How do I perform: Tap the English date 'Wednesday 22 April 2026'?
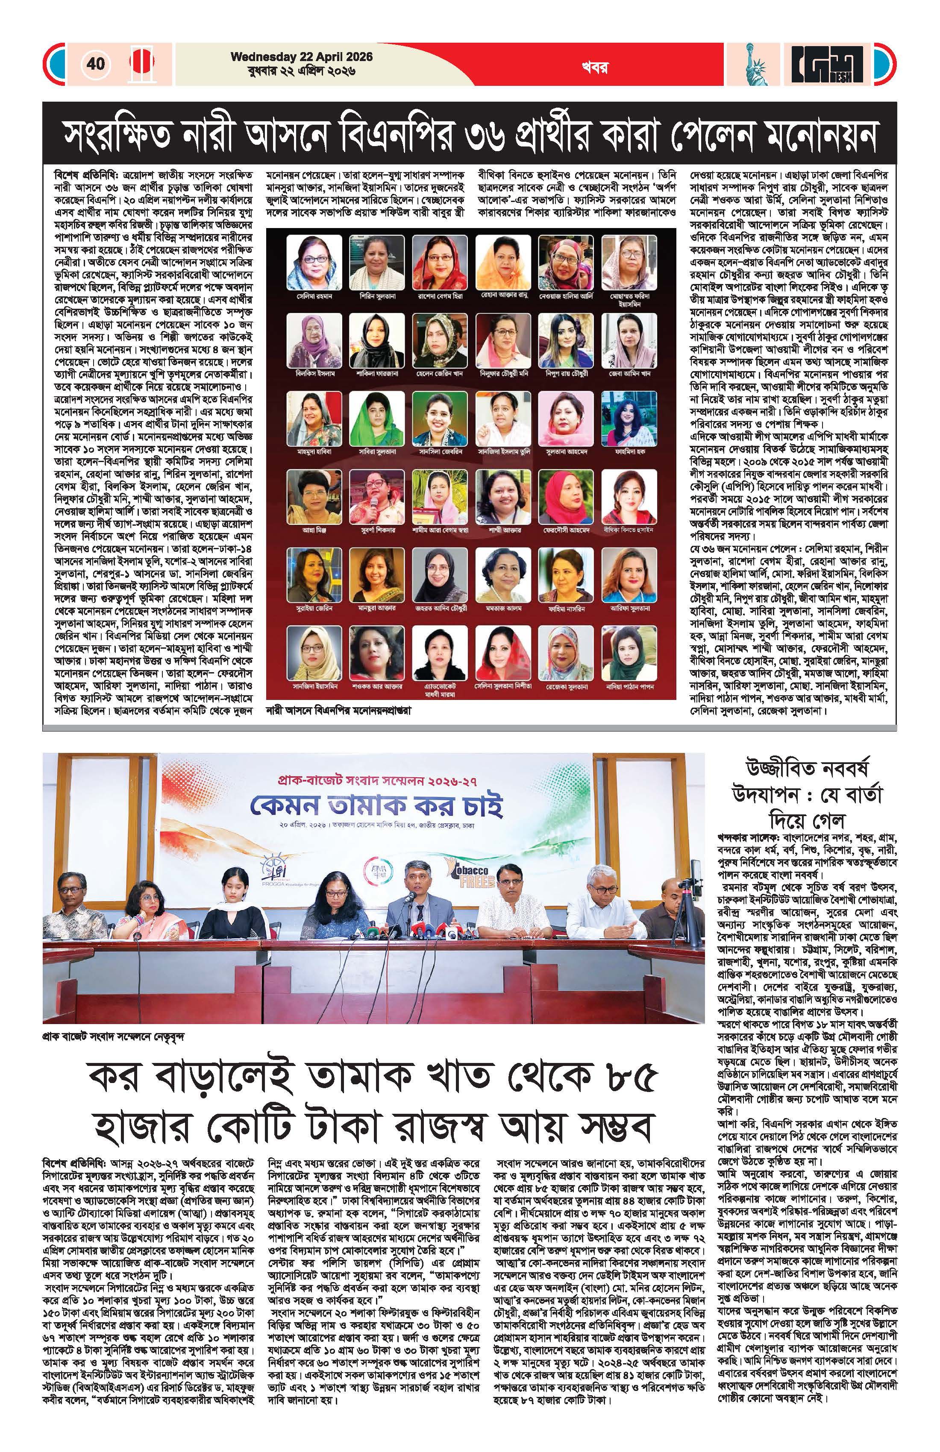pyautogui.click(x=302, y=57)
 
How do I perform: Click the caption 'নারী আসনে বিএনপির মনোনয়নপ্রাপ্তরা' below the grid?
pyautogui.click(x=339, y=710)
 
